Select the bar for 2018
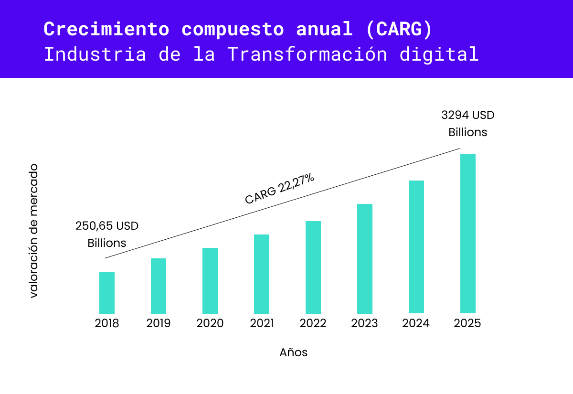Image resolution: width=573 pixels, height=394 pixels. pyautogui.click(x=107, y=292)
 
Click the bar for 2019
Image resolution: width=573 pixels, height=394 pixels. pyautogui.click(x=159, y=286)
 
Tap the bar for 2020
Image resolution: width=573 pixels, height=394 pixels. pyautogui.click(x=210, y=280)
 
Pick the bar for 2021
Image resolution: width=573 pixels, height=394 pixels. pyautogui.click(x=262, y=274)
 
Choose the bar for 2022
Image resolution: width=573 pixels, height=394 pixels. pyautogui.click(x=313, y=267)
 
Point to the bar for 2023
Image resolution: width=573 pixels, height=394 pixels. pyautogui.click(x=365, y=258)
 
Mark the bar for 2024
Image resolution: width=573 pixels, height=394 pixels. pyautogui.click(x=416, y=246)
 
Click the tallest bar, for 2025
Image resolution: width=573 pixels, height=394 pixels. pyautogui.click(x=468, y=234)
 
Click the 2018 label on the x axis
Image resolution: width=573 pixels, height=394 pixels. pyautogui.click(x=107, y=323)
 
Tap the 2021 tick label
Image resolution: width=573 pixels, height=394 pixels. pyautogui.click(x=262, y=323)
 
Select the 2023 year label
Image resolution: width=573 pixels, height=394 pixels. pyautogui.click(x=365, y=323)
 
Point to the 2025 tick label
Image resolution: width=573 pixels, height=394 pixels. pyautogui.click(x=468, y=323)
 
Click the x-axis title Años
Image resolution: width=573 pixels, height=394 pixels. pyautogui.click(x=294, y=353)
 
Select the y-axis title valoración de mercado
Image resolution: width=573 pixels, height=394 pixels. pyautogui.click(x=33, y=231)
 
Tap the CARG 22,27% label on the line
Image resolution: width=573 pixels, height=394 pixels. pyautogui.click(x=280, y=189)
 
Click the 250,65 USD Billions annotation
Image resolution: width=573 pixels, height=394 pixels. pyautogui.click(x=107, y=234)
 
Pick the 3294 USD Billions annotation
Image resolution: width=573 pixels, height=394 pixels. pyautogui.click(x=468, y=124)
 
